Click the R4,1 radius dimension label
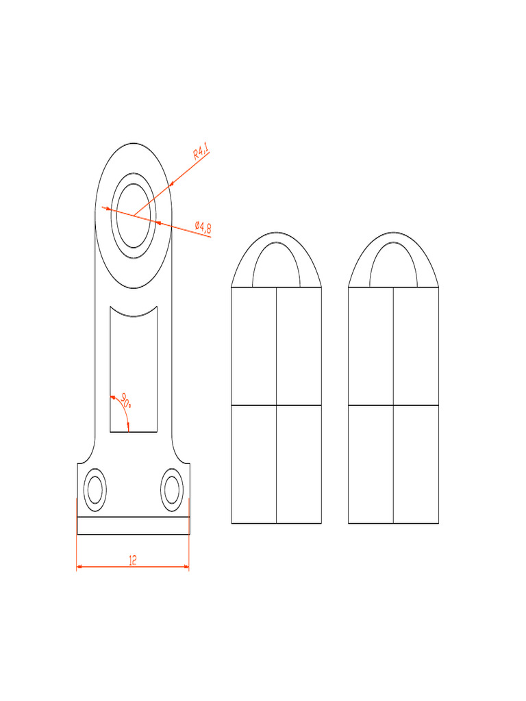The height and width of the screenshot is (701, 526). [x=201, y=151]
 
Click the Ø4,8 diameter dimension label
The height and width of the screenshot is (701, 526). [x=203, y=227]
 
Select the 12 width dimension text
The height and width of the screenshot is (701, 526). [x=133, y=560]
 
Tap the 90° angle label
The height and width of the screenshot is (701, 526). [x=126, y=399]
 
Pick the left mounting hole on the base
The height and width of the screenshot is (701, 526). [x=94, y=489]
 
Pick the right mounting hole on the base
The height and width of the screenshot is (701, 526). [x=171, y=489]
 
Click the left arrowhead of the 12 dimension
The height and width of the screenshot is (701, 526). [x=79, y=567]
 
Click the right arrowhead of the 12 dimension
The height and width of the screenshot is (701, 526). [x=186, y=567]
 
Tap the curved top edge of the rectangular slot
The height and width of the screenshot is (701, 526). [x=134, y=316]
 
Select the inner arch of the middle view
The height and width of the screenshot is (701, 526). [x=276, y=244]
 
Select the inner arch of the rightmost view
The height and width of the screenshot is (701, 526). [x=393, y=244]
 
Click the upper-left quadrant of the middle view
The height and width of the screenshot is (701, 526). [x=253, y=346]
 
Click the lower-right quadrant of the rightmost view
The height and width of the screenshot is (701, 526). [x=416, y=464]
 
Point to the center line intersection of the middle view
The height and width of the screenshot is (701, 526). [x=276, y=405]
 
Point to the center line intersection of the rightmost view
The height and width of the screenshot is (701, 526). [x=393, y=405]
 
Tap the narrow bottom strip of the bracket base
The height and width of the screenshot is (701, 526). [x=133, y=525]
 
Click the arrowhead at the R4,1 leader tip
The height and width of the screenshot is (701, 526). [x=170, y=184]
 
